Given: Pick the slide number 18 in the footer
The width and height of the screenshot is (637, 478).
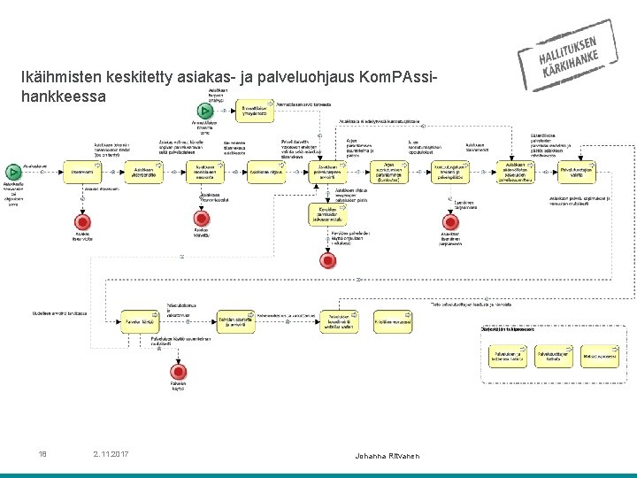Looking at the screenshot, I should [42, 454].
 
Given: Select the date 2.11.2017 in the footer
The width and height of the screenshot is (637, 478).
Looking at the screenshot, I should [111, 454].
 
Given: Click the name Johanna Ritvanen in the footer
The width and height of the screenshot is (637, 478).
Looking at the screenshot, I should [385, 455].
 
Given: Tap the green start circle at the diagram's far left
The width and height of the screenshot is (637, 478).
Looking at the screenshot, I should [12, 171].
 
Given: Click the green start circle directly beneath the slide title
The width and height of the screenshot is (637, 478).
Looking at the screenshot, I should [208, 112].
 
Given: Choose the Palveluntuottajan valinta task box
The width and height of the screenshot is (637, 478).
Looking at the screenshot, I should [577, 170].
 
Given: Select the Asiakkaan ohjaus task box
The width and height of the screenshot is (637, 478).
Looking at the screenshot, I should [265, 171].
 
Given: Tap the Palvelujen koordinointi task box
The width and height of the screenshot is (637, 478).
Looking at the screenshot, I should [341, 322].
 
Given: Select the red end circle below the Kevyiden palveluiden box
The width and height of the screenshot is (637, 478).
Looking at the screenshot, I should [328, 259].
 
